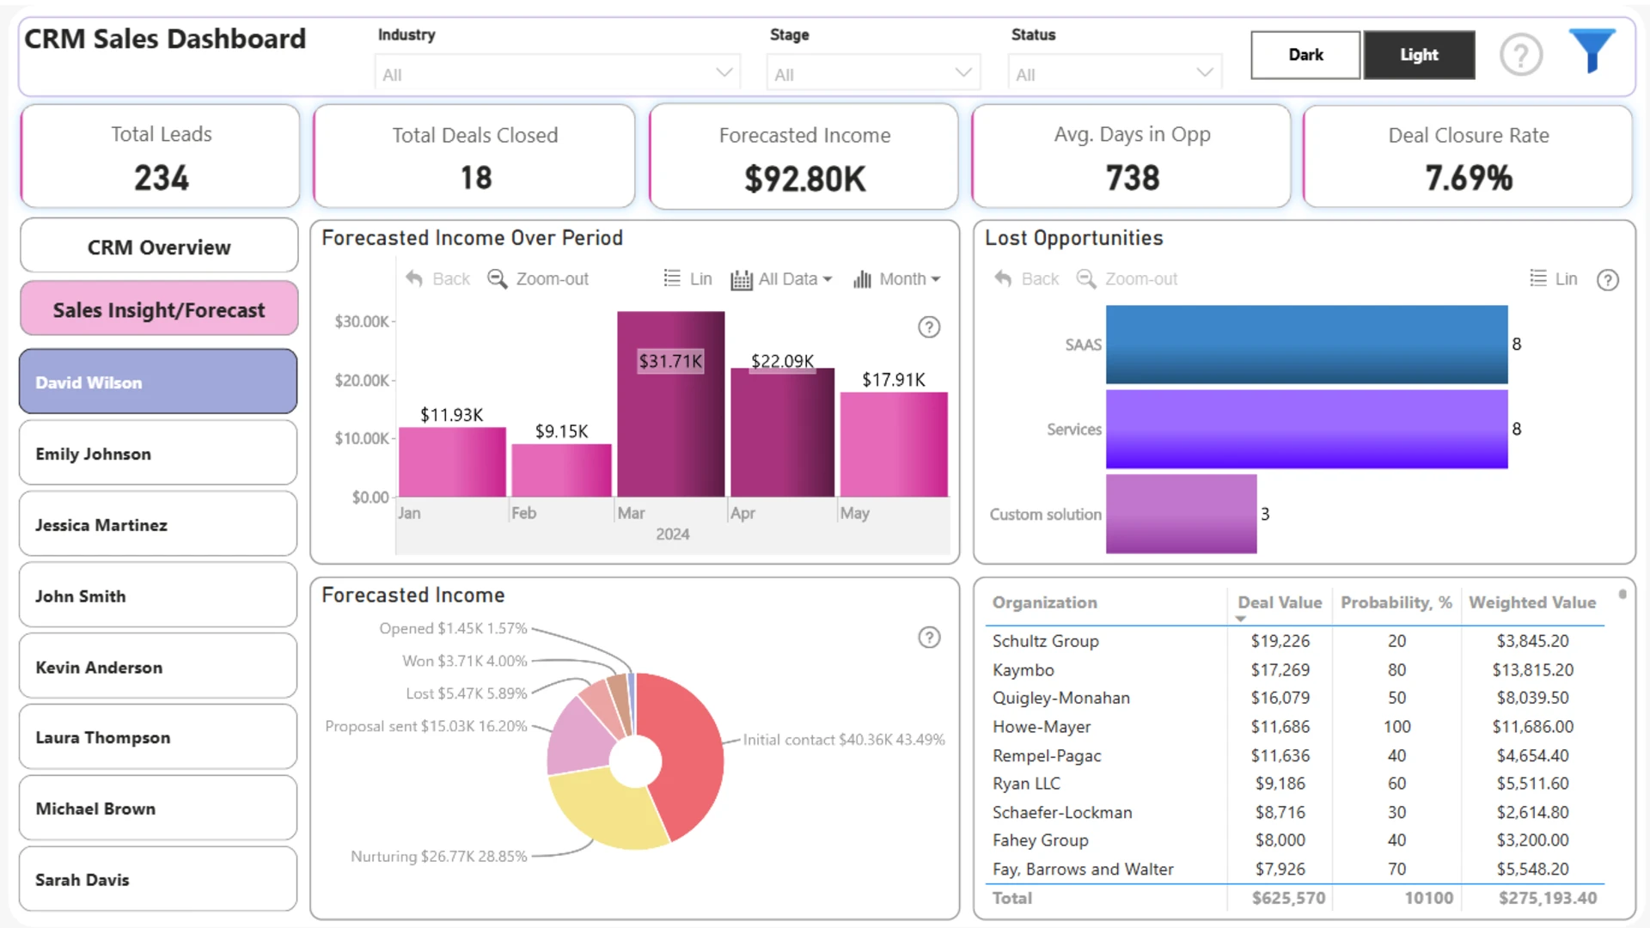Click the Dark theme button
[x=1305, y=55]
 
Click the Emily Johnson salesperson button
[x=158, y=453]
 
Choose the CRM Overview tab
[x=158, y=247]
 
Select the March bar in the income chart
[x=670, y=404]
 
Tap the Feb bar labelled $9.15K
[x=561, y=470]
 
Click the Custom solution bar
[x=1181, y=514]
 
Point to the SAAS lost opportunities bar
[x=1306, y=345]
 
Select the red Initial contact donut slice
[x=683, y=752]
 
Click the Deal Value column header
[x=1280, y=602]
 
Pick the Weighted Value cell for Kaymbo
[x=1532, y=670]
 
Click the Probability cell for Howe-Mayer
[x=1396, y=727]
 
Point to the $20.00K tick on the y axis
[x=362, y=380]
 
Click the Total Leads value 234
[x=161, y=178]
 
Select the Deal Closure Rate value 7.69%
[x=1469, y=178]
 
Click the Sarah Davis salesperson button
[x=158, y=879]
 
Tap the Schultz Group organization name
[x=1045, y=641]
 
